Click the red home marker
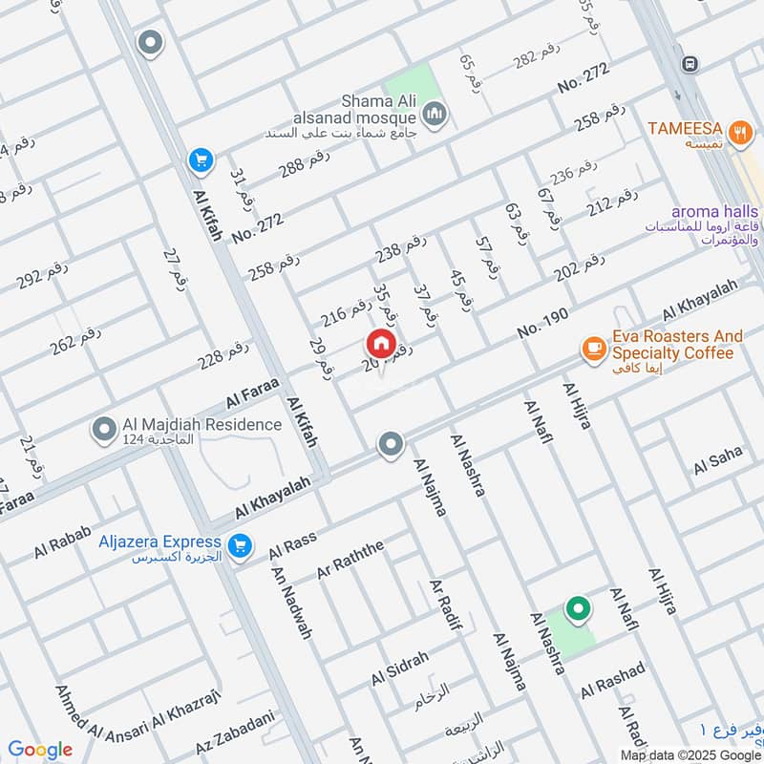(380, 343)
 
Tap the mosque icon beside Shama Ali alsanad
(437, 115)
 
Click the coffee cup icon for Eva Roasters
(594, 349)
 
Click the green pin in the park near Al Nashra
(577, 607)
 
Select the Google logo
(40, 750)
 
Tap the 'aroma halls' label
(714, 212)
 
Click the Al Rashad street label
(614, 678)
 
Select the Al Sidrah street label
(400, 670)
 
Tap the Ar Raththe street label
(350, 559)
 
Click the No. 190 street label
(542, 325)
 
